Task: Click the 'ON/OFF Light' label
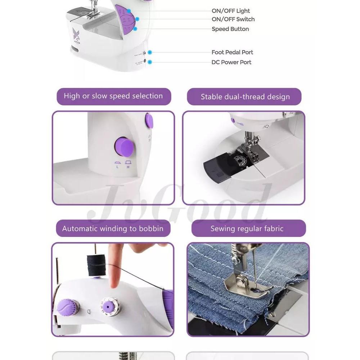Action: coord(230,11)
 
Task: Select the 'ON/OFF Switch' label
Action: coord(233,19)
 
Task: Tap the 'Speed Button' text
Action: coord(230,29)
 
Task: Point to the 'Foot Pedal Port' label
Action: coord(232,52)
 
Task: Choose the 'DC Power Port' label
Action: coord(231,62)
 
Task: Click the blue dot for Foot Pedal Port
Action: coord(150,52)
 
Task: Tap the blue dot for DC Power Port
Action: coord(150,62)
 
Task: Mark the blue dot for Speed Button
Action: coord(135,29)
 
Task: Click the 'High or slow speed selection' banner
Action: coord(114,96)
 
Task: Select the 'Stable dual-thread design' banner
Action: coord(244,96)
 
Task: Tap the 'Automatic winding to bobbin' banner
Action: coord(113,228)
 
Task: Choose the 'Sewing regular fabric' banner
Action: coord(249,228)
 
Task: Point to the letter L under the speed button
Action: coord(117,167)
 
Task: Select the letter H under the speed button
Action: coord(128,167)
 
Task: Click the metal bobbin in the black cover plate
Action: coord(240,161)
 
